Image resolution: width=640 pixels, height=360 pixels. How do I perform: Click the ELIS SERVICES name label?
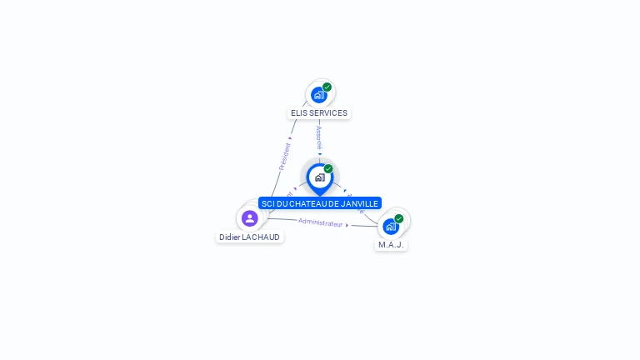click(x=319, y=112)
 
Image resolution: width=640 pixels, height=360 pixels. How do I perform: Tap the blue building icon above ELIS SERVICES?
click(x=318, y=95)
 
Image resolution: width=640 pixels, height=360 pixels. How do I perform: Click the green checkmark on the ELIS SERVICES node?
click(x=327, y=87)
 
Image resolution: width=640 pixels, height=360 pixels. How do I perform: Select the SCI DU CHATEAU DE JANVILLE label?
click(x=319, y=203)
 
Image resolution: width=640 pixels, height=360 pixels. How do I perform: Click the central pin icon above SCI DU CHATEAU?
click(x=319, y=177)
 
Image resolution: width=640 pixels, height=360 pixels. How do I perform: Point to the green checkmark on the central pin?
click(x=328, y=169)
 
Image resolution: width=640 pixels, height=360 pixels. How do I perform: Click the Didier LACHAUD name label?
click(x=249, y=237)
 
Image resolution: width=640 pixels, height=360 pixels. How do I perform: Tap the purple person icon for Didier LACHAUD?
click(x=249, y=218)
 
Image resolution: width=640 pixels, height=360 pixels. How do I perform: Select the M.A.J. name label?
click(x=391, y=245)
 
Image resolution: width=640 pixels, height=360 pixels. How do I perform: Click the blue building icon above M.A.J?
click(x=390, y=227)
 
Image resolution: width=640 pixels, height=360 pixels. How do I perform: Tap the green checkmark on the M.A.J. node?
click(x=399, y=218)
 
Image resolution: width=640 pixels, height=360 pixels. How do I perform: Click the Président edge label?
click(x=284, y=157)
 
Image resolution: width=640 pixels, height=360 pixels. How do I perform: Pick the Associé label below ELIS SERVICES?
click(x=319, y=137)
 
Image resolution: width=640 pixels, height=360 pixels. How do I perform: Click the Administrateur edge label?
click(x=320, y=222)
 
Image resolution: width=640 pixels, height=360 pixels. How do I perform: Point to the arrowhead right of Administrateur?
click(x=347, y=225)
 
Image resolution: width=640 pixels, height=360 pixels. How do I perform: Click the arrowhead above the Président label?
click(x=290, y=138)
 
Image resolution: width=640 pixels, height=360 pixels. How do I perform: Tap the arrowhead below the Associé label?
click(x=319, y=153)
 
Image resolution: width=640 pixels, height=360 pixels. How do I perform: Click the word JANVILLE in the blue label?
click(x=359, y=203)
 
